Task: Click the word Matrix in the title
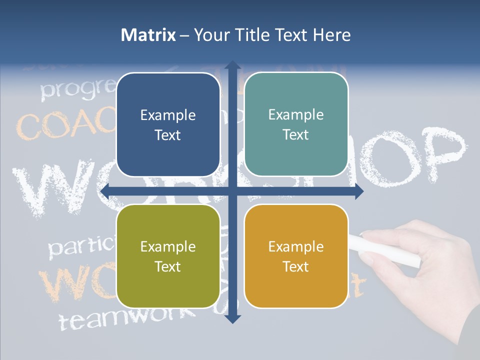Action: [148, 35]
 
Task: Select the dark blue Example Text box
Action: [168, 125]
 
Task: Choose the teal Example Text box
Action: [296, 124]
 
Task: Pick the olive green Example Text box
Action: [168, 256]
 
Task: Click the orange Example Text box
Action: [296, 256]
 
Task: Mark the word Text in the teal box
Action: [296, 135]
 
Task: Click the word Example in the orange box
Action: [296, 246]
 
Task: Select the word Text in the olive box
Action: [168, 266]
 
